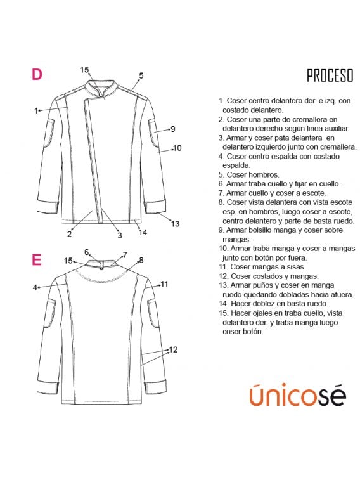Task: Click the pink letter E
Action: (37, 259)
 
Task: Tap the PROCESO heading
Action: (330, 76)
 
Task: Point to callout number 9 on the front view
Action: (172, 129)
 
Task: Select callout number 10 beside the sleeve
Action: (177, 148)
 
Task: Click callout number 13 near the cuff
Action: (176, 223)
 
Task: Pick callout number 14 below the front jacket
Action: (143, 232)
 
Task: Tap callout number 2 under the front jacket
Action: (69, 234)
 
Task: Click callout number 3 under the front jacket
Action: (119, 235)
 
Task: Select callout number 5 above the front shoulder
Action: (141, 75)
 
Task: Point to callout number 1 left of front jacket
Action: (37, 110)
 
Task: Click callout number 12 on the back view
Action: (173, 349)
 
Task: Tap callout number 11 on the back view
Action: (164, 284)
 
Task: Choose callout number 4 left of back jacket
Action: (35, 287)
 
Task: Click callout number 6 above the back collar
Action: (87, 252)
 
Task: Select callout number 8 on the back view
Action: (141, 260)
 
